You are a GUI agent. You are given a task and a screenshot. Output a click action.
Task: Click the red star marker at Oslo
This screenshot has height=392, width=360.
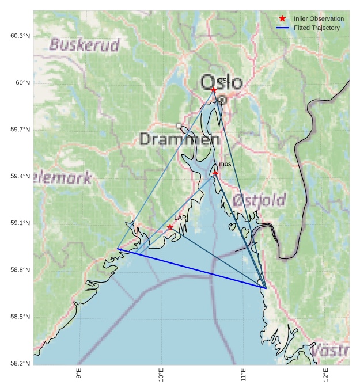point(214,90)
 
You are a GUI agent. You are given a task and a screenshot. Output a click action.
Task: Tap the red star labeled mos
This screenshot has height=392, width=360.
point(215,173)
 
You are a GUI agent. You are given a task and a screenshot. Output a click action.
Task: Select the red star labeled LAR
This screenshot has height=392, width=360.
point(170,227)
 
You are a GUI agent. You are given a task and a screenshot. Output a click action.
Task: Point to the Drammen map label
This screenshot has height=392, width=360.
point(179,139)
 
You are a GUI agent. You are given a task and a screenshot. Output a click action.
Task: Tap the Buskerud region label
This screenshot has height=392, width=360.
point(84,45)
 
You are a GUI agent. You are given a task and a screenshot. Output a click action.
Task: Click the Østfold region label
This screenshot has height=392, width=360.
point(259,200)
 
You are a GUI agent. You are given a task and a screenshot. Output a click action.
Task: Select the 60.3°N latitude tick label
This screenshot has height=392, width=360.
point(20,36)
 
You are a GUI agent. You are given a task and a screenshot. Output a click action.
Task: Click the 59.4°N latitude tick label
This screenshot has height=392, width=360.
point(20,176)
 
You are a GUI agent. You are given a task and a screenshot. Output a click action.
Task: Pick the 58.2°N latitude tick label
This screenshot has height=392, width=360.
point(20,363)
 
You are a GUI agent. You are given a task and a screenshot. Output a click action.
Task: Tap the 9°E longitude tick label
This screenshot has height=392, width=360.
point(79,375)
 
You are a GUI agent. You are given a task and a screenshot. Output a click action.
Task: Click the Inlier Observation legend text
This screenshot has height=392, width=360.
point(319,19)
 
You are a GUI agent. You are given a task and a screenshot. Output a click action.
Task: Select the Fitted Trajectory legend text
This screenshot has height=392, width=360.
point(316,28)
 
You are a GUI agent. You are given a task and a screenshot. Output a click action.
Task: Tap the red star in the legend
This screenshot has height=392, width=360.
point(282,18)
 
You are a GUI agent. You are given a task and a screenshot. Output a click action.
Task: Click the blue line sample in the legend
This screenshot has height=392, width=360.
point(282,28)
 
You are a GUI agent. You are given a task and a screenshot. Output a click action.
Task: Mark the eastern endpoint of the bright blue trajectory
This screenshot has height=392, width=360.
point(266,287)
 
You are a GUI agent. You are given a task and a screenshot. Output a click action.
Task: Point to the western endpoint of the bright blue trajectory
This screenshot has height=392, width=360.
point(117,249)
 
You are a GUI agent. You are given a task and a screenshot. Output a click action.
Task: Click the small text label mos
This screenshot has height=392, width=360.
point(225,165)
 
